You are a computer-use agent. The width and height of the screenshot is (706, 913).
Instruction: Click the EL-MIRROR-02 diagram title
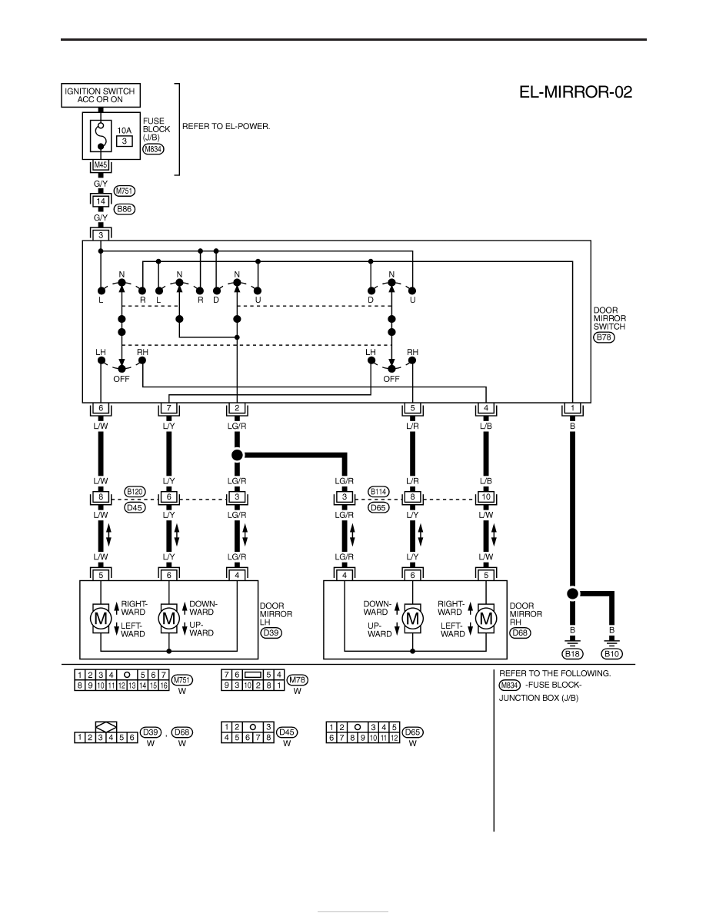tap(575, 92)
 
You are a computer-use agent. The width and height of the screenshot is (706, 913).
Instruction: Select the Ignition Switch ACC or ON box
tap(101, 95)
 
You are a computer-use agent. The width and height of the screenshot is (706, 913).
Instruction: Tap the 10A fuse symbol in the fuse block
tap(101, 136)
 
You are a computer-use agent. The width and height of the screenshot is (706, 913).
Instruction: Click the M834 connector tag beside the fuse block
tap(153, 149)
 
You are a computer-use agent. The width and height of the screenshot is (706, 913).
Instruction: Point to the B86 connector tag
tap(125, 209)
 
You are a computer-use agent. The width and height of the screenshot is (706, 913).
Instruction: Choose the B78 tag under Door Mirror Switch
tap(604, 337)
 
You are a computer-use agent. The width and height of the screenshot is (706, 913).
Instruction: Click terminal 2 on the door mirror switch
tap(237, 408)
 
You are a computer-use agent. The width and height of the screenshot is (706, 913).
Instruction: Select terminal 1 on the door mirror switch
tap(573, 408)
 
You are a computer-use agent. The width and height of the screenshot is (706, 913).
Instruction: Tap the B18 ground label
tap(572, 654)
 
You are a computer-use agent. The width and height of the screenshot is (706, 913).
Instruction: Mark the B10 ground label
tap(611, 654)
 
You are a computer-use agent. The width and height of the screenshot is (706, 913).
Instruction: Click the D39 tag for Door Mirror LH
tap(271, 633)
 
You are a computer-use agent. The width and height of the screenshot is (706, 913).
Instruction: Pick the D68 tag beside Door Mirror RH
tap(520, 633)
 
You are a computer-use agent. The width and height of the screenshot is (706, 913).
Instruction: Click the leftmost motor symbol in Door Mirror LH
tap(101, 619)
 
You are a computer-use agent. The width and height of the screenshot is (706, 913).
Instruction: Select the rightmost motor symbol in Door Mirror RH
tap(486, 619)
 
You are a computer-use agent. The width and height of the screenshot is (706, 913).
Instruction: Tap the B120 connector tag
tap(135, 491)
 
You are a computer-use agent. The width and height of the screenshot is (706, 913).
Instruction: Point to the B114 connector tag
tap(378, 491)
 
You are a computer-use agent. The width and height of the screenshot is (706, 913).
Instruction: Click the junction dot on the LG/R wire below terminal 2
tap(237, 454)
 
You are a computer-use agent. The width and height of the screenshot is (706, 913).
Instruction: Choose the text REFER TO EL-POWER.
tap(226, 126)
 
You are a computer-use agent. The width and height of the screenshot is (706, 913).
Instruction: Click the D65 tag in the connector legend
tap(412, 732)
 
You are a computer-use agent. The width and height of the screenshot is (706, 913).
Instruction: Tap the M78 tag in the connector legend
tap(297, 679)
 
